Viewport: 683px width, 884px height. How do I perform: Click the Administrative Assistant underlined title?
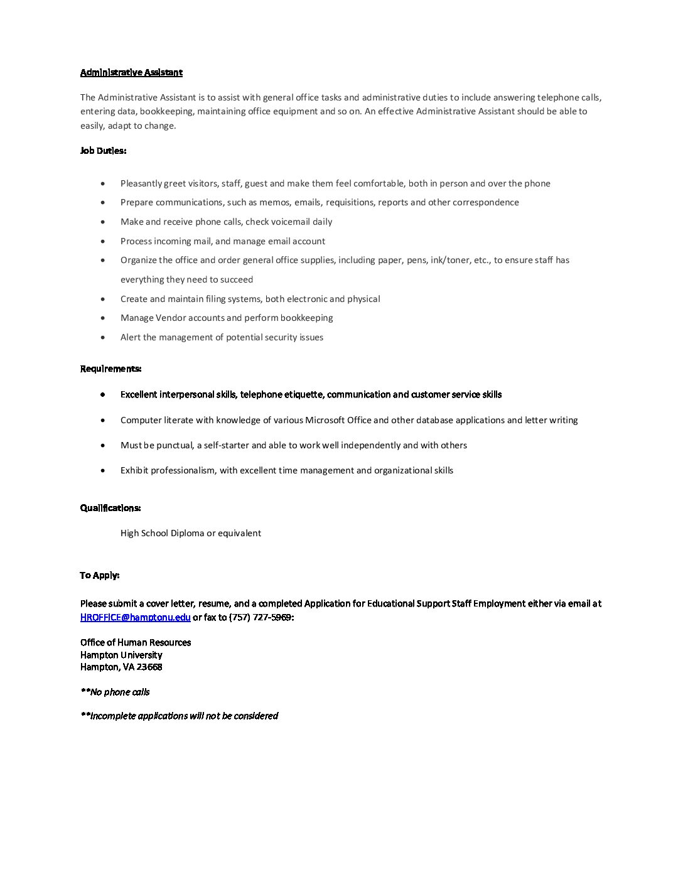coord(131,72)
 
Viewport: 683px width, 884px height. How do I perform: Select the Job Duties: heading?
coord(103,151)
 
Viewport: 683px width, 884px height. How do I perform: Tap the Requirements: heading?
coord(110,369)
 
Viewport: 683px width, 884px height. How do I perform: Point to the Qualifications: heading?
coord(110,508)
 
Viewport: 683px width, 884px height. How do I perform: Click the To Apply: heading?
coord(100,575)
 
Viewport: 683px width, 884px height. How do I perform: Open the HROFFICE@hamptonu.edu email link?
coord(136,617)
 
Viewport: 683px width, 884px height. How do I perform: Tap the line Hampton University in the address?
coord(121,655)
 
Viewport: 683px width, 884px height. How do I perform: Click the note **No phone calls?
coord(115,692)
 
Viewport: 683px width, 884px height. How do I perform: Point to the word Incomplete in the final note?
coord(113,716)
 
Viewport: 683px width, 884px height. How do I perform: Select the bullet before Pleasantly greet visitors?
coord(103,184)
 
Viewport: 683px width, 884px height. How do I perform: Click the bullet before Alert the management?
coord(103,338)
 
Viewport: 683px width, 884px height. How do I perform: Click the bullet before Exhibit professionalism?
coord(103,470)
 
